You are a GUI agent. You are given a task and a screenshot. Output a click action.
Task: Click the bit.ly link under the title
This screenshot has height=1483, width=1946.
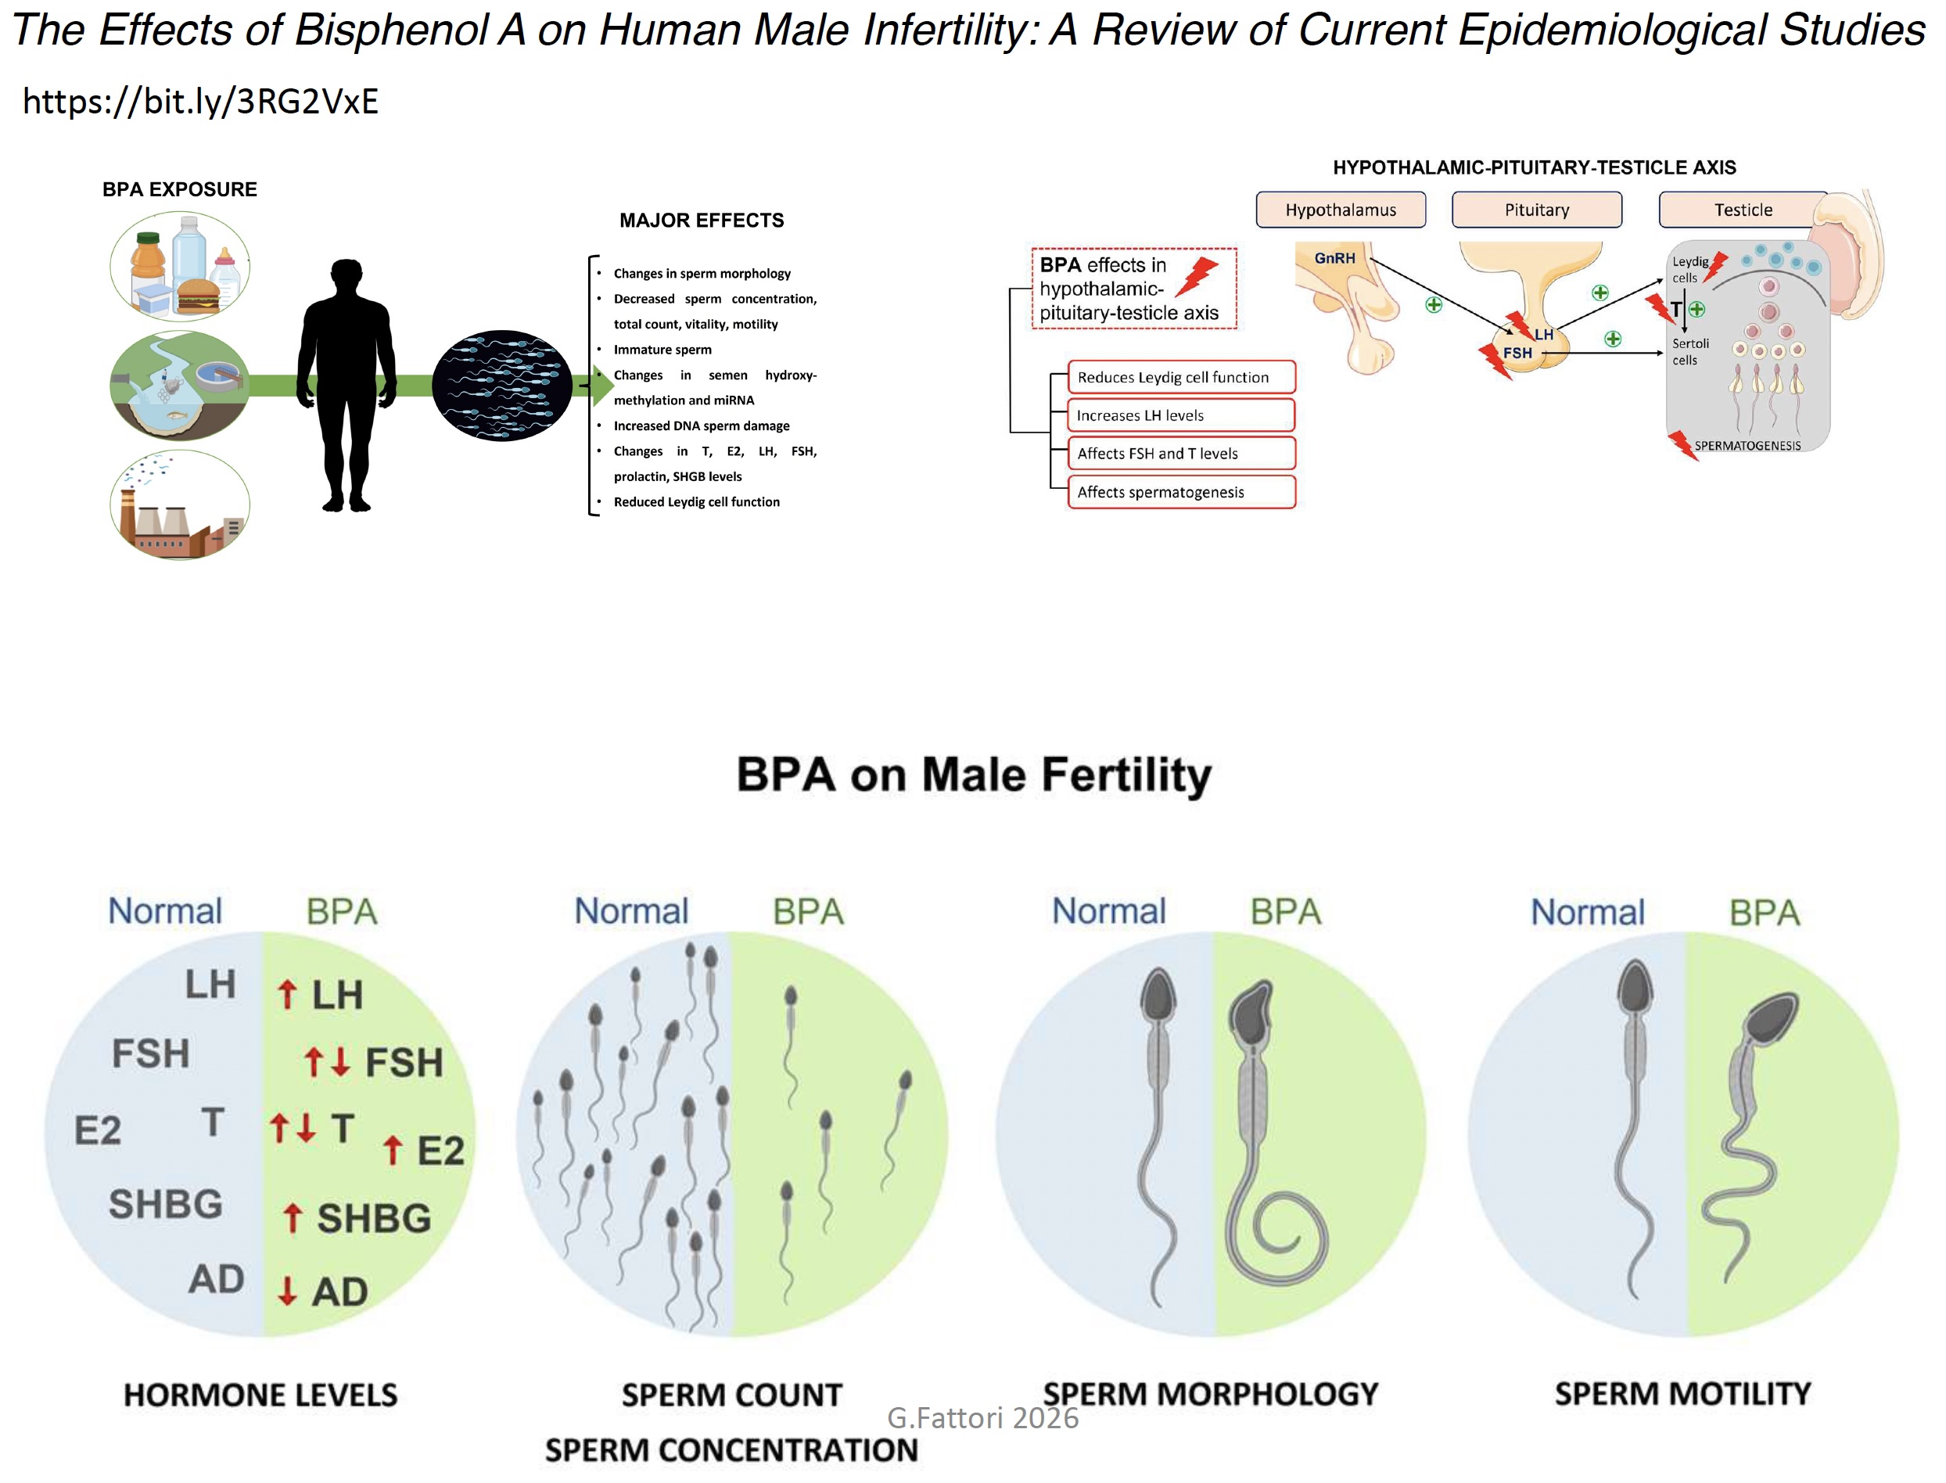point(200,102)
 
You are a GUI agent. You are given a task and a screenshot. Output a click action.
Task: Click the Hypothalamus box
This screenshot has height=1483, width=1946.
point(1340,210)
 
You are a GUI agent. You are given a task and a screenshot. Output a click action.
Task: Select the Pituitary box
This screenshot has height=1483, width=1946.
point(1535,210)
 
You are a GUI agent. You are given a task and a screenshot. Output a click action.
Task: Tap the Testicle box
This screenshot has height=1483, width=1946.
point(1742,210)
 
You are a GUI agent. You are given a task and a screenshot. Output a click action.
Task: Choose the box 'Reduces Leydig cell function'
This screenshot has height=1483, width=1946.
point(1180,377)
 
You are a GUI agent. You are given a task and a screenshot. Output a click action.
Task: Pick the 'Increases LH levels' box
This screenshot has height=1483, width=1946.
point(1180,415)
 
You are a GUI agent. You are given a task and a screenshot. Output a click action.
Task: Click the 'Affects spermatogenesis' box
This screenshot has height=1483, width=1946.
point(1180,492)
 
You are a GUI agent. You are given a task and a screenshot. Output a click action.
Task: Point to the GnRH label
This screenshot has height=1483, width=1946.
point(1334,258)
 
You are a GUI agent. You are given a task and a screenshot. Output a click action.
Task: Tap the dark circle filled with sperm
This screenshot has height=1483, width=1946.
point(501,386)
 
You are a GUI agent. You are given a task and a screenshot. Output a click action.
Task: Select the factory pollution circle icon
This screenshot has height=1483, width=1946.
point(179,505)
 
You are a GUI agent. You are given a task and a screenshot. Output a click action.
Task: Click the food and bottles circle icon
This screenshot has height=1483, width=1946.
point(179,265)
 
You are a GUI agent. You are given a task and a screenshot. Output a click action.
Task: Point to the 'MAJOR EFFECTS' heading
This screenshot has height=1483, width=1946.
point(701,221)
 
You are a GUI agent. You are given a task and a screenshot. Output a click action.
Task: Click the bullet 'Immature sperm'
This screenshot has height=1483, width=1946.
point(662,350)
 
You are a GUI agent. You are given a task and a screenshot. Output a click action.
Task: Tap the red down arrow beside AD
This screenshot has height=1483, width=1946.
point(287,1291)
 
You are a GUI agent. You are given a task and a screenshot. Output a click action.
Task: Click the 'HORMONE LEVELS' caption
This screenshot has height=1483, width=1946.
point(260,1395)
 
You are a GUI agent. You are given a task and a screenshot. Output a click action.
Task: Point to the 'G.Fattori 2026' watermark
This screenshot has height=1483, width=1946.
point(982,1417)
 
